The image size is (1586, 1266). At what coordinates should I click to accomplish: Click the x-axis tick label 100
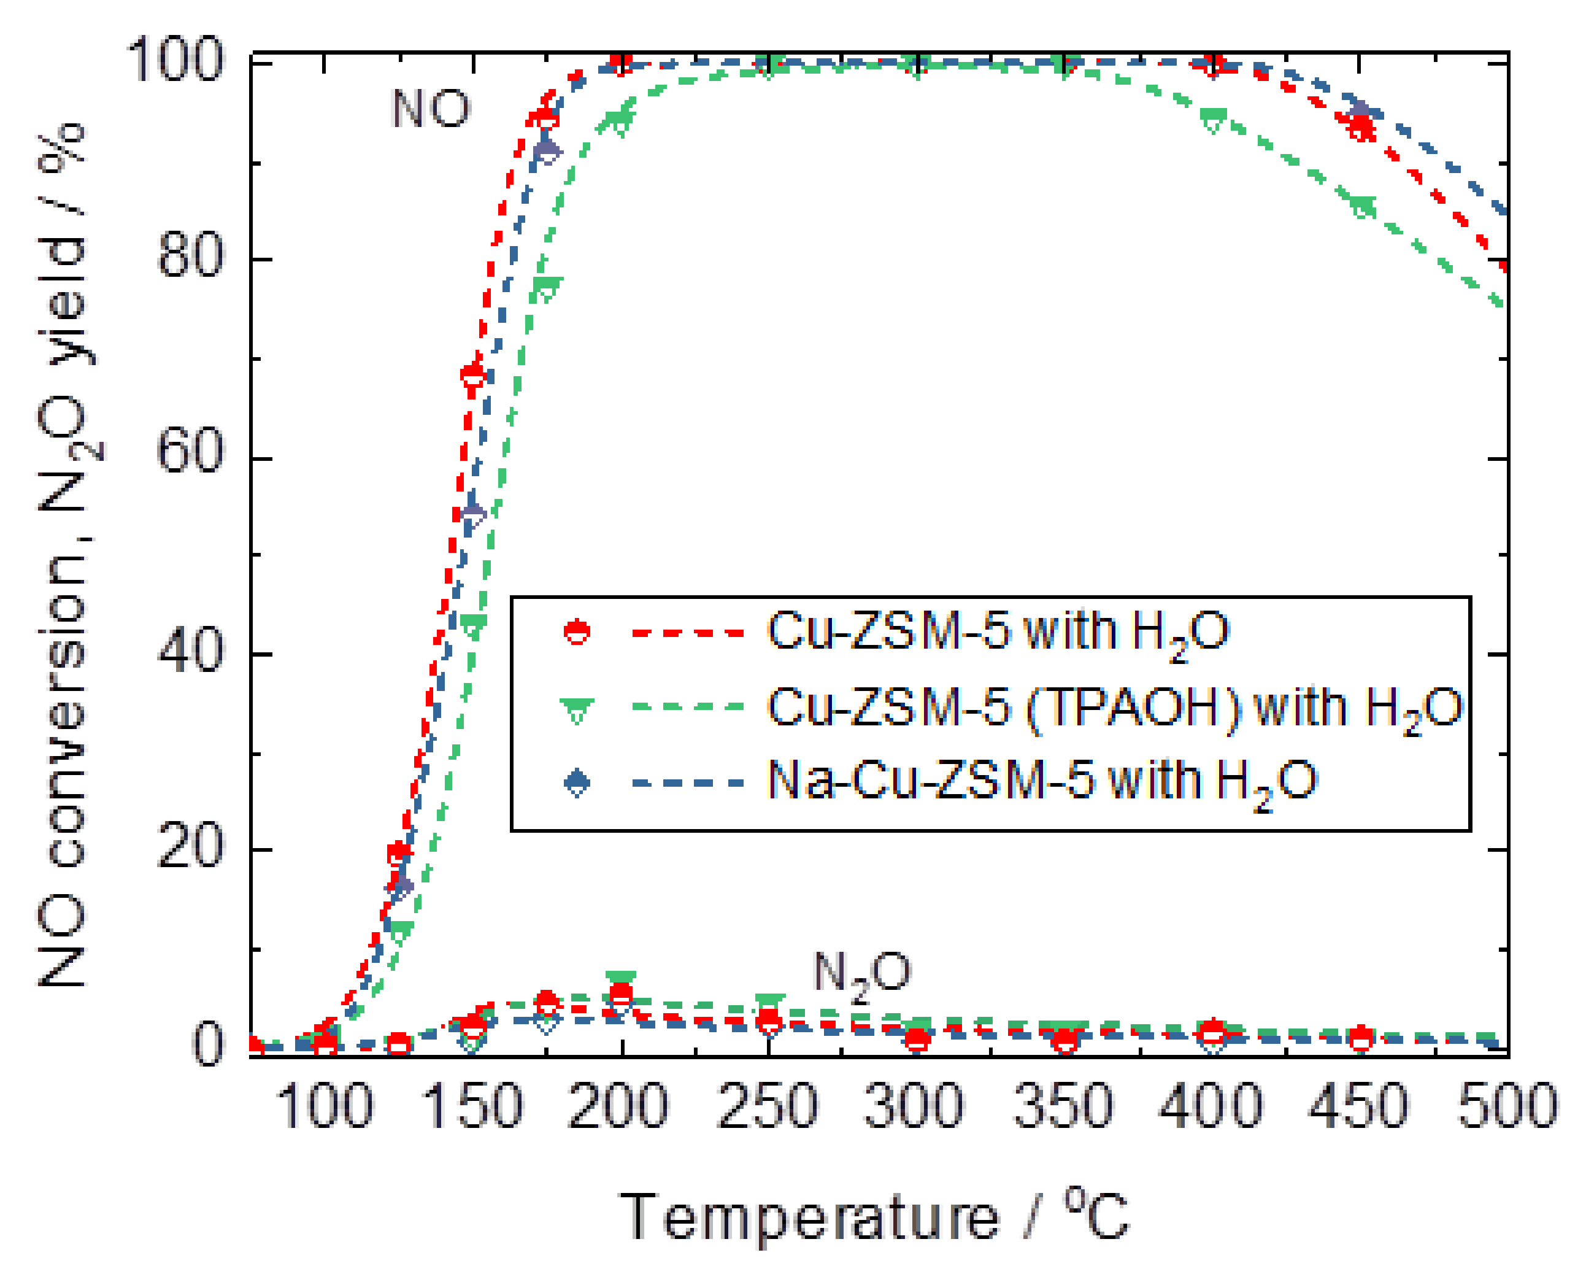[324, 1106]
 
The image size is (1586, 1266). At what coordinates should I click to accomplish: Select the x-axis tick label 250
[768, 1106]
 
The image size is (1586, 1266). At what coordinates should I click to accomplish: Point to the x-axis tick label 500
[1507, 1106]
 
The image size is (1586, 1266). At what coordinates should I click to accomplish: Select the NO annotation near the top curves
[430, 109]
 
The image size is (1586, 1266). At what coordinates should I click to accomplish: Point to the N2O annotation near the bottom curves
[861, 975]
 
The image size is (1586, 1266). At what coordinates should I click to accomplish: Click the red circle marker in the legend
[577, 632]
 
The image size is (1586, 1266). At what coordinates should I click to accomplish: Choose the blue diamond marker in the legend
[577, 782]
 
